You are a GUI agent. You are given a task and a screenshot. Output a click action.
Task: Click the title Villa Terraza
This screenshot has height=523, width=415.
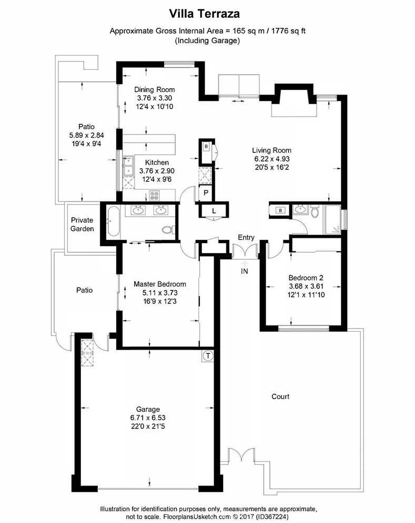click(207, 12)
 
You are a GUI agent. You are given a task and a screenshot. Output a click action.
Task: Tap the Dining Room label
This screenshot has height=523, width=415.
click(154, 89)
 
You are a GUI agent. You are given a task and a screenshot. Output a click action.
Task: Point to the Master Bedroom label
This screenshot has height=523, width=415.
click(159, 284)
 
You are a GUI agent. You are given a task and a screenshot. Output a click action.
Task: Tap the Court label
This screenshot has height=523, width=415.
click(280, 396)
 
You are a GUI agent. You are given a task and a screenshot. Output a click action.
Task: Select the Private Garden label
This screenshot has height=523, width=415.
click(83, 224)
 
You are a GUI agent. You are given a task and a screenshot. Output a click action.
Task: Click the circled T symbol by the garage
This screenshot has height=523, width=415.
click(208, 356)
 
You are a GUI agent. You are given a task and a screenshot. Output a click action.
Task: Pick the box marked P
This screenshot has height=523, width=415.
click(206, 193)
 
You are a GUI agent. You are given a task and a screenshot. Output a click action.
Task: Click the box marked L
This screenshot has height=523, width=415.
click(214, 211)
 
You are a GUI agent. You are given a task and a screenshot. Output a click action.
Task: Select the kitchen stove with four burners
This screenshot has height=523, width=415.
click(155, 195)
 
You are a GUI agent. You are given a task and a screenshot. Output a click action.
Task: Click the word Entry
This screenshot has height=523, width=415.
click(246, 237)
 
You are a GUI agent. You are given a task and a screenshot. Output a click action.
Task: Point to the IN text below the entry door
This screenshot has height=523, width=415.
click(245, 271)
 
